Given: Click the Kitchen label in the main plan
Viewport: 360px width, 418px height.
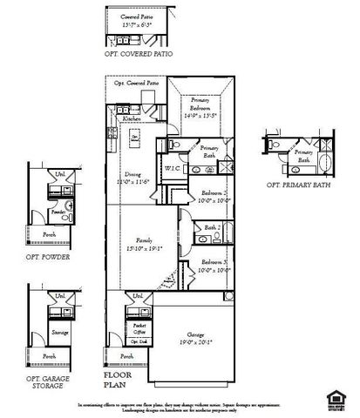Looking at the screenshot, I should pyautogui.click(x=132, y=118).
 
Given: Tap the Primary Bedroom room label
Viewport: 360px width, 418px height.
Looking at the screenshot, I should pyautogui.click(x=200, y=104).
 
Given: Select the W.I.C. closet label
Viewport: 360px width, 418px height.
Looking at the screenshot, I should pyautogui.click(x=171, y=168).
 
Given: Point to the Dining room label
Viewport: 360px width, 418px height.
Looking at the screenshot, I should pyautogui.click(x=133, y=174).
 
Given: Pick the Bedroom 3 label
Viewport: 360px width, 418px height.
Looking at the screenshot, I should pyautogui.click(x=214, y=262).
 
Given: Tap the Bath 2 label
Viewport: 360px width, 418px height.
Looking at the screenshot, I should pyautogui.click(x=213, y=227).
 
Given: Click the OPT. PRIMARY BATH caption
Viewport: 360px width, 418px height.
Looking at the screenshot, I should pyautogui.click(x=298, y=186).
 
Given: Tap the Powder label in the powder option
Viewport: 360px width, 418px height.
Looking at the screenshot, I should pyautogui.click(x=59, y=212).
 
